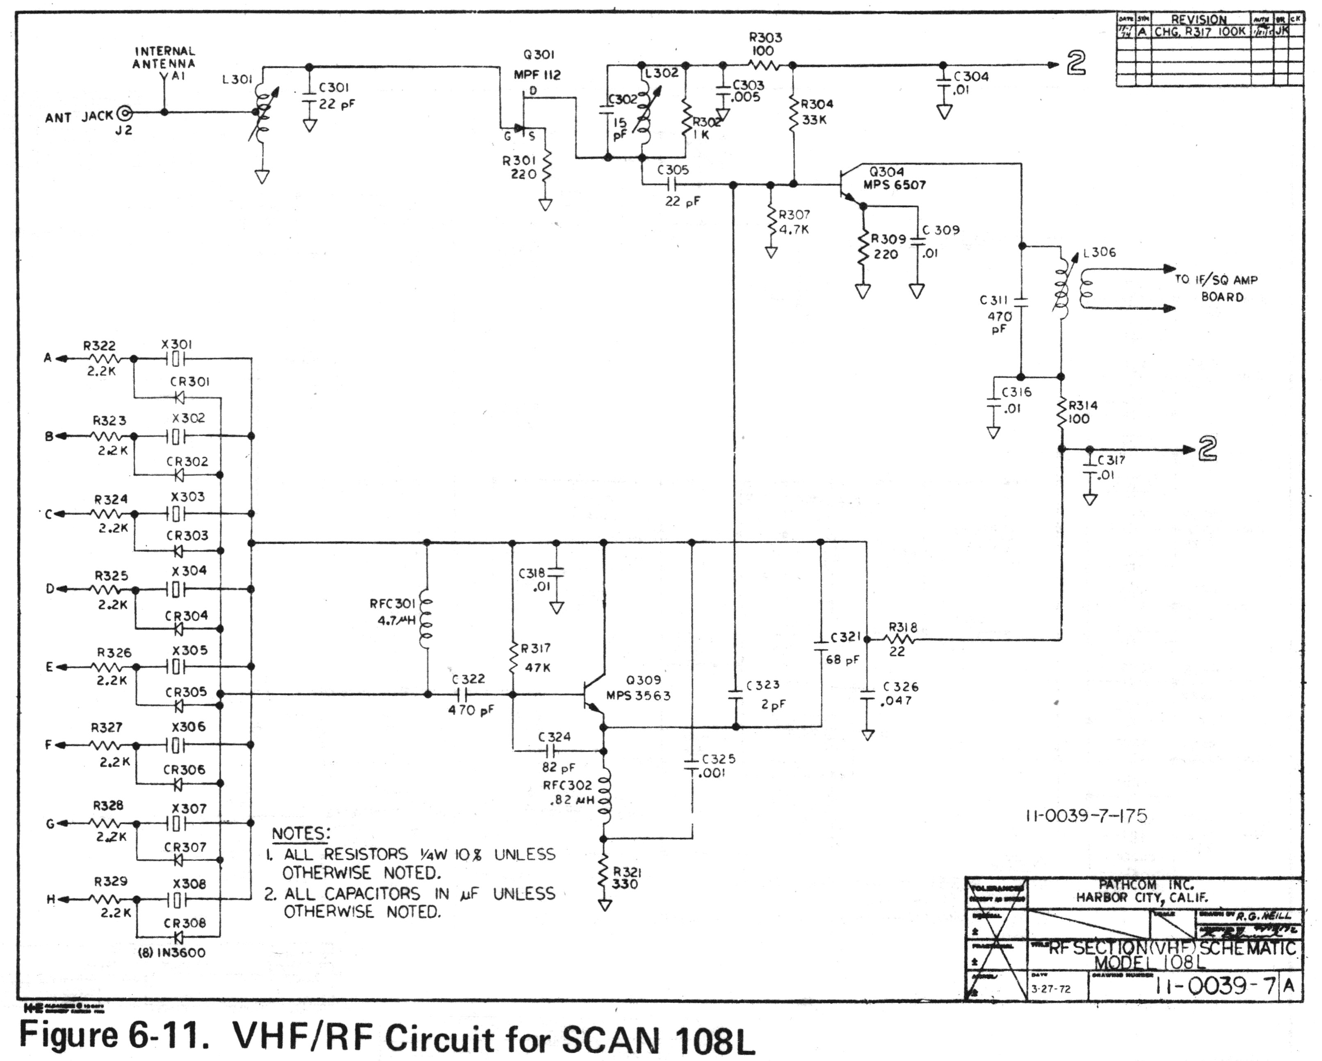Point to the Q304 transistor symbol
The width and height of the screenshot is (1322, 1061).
point(849,185)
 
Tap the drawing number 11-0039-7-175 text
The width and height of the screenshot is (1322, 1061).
point(1086,816)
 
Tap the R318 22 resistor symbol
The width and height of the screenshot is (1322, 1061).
point(899,640)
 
